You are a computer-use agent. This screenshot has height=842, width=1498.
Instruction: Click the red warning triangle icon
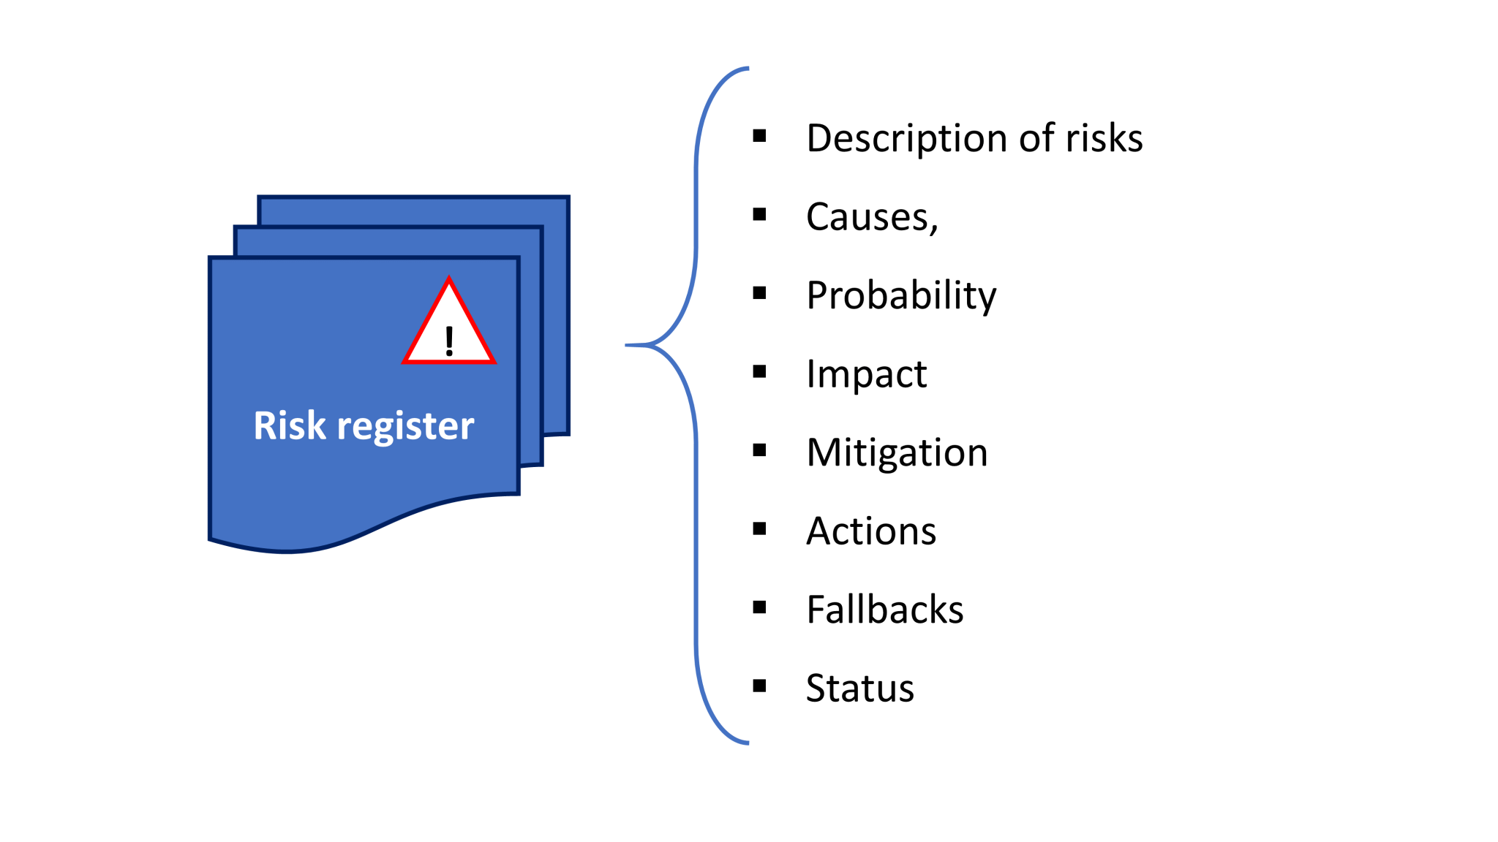(x=448, y=325)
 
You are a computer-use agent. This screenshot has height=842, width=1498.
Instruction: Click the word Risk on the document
(x=289, y=425)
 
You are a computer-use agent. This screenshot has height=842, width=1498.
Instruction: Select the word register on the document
(x=405, y=427)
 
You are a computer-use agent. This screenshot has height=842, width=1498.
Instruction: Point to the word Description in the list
(x=906, y=139)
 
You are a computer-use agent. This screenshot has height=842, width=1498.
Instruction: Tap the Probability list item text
(x=901, y=295)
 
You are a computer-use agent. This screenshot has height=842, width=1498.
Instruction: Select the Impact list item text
(x=866, y=373)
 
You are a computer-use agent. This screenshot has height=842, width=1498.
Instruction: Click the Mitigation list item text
(x=897, y=452)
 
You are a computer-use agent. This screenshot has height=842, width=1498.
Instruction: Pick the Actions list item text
(x=871, y=531)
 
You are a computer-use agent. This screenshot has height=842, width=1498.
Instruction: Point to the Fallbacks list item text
(x=884, y=610)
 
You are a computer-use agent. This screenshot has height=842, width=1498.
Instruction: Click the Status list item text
(x=859, y=689)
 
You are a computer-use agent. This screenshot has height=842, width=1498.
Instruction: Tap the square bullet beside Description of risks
(x=759, y=136)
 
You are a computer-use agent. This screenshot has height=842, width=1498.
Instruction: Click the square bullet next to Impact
(x=759, y=372)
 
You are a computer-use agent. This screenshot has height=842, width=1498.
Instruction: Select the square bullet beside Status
(x=759, y=686)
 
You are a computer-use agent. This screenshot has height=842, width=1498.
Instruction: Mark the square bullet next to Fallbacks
(x=759, y=607)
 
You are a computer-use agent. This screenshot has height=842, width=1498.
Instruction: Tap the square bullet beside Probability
(x=759, y=293)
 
